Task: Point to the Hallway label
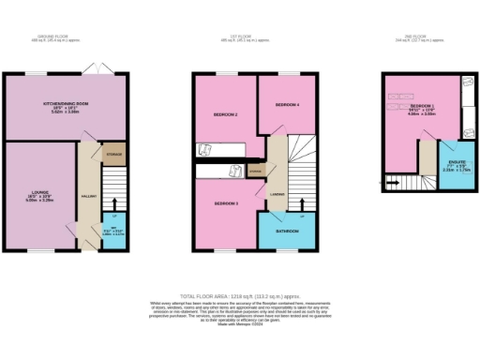[87, 196]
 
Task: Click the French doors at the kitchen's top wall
[90, 70]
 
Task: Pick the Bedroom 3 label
[226, 203]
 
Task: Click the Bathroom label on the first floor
[287, 232]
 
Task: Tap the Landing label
[277, 194]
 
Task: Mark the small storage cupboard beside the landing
[256, 171]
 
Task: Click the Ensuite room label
[455, 153]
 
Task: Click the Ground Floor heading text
[65, 38]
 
